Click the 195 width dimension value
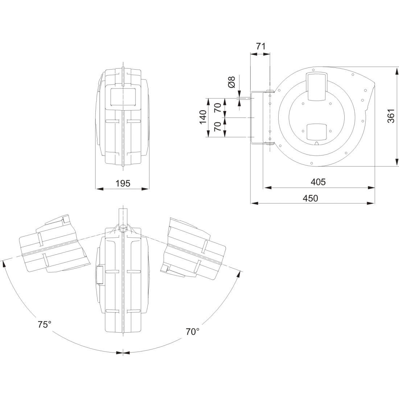coord(123,183)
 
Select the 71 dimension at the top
coord(260,46)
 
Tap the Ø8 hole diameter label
coord(232,82)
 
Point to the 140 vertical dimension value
coord(203,117)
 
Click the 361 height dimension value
coord(391,116)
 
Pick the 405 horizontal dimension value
coord(318,182)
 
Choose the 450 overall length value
coord(310,198)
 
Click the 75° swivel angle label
coord(45,324)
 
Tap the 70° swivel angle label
coord(192,332)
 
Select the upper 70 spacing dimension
coord(218,108)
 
